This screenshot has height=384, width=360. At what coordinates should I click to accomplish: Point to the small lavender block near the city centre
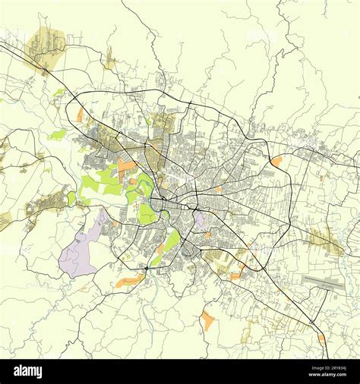click(x=201, y=220)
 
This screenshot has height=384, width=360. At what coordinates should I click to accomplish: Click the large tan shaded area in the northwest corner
click(x=46, y=46)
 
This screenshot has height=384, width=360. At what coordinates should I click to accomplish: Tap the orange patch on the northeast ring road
click(x=276, y=161)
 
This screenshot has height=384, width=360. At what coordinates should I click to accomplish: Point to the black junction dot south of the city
click(x=146, y=269)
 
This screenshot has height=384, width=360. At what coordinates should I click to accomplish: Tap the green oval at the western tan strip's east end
click(x=71, y=198)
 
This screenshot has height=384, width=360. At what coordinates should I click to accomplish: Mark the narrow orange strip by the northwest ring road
click(x=80, y=115)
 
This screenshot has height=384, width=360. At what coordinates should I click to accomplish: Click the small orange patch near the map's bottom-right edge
click(x=321, y=338)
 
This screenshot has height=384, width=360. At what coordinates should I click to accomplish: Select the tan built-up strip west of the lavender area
click(x=47, y=203)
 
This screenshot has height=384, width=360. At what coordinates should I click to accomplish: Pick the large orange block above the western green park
click(x=126, y=165)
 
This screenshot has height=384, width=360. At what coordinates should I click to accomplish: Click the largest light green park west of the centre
click(x=103, y=182)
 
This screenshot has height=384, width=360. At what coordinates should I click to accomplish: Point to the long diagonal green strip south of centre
click(x=167, y=247)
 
